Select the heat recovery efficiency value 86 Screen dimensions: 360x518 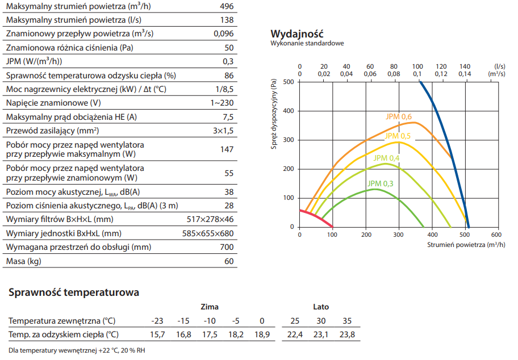(229, 76)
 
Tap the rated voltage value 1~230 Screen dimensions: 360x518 (222, 103)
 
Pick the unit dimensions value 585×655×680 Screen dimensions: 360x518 (210, 233)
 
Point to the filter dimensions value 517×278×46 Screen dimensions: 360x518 (210, 219)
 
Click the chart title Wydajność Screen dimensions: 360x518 (297, 33)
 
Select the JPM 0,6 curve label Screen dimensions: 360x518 (398, 117)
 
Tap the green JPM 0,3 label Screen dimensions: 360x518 (381, 183)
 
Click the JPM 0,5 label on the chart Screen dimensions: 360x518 (398, 136)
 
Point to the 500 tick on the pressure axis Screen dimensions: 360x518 (288, 82)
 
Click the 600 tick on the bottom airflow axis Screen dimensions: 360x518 (495, 234)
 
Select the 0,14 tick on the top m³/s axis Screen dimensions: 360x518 (465, 74)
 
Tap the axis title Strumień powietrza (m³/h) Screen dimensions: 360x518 (466, 245)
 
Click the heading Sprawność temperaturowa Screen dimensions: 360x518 (74, 293)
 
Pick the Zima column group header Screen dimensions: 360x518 (210, 307)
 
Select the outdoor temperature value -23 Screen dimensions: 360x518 (157, 321)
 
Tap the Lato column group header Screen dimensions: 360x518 (321, 307)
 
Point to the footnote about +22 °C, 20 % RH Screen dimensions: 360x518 (77, 350)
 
